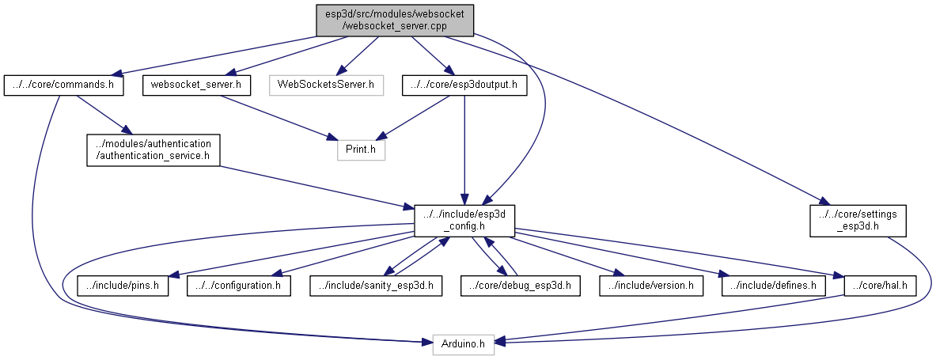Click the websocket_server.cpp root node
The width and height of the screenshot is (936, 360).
[395, 18]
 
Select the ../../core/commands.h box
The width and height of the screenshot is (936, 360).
[64, 85]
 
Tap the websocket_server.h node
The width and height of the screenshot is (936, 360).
[196, 85]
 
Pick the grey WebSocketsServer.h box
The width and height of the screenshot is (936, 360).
[325, 85]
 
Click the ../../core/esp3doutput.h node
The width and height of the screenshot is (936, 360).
[464, 85]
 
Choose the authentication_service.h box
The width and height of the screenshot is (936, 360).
[153, 150]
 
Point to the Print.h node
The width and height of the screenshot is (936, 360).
[361, 150]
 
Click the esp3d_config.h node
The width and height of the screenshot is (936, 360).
[464, 219]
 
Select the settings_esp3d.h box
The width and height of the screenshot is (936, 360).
[858, 219]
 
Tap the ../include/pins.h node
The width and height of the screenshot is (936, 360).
[123, 285]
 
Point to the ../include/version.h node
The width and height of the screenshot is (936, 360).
[651, 285]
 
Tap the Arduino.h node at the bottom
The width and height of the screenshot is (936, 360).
[464, 344]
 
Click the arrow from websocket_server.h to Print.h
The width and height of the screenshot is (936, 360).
[277, 116]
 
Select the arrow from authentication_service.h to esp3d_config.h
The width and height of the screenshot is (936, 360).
[316, 187]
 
